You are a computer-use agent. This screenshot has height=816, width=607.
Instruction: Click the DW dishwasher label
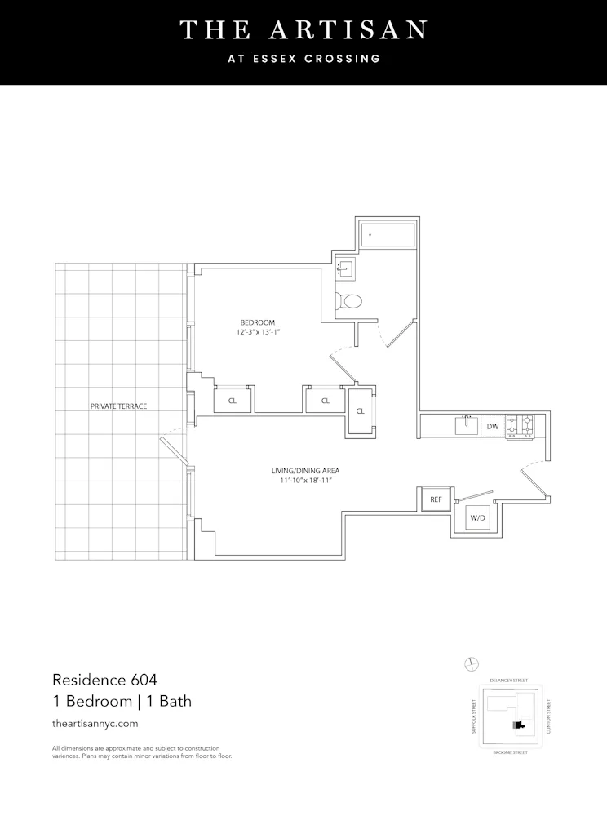pyautogui.click(x=492, y=426)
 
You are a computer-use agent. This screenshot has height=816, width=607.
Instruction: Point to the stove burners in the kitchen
pyautogui.click(x=520, y=426)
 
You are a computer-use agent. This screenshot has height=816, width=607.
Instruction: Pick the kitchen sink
pyautogui.click(x=467, y=425)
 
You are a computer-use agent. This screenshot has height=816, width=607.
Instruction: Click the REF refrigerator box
pyautogui.click(x=435, y=499)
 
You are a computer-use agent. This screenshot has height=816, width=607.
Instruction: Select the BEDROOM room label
pyautogui.click(x=258, y=322)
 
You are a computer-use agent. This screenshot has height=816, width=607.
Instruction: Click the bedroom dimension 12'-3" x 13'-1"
pyautogui.click(x=258, y=333)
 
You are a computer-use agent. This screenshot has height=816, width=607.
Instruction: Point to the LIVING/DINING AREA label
pyautogui.click(x=305, y=471)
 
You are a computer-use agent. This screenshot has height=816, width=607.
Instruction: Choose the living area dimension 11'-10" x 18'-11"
pyautogui.click(x=305, y=481)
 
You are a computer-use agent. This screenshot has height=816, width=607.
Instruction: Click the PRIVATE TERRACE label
pyautogui.click(x=119, y=406)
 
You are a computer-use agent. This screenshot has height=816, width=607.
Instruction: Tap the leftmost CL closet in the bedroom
pyautogui.click(x=233, y=401)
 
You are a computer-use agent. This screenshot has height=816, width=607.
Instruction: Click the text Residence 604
pyautogui.click(x=104, y=679)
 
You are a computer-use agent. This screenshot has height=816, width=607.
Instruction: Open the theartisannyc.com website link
pyautogui.click(x=95, y=723)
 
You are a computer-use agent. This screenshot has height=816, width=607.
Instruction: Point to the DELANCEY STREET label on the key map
pyautogui.click(x=508, y=680)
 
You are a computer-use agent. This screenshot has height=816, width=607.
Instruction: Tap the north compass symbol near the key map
pyautogui.click(x=471, y=663)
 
